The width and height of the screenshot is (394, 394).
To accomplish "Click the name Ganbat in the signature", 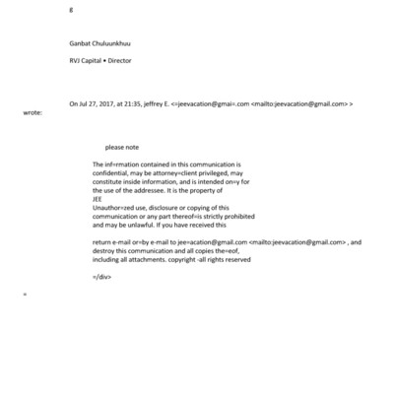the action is pyautogui.click(x=79, y=43).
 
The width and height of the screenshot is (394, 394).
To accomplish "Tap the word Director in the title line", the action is pyautogui.click(x=116, y=60).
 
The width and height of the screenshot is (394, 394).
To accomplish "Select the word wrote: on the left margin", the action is pyautogui.click(x=33, y=112).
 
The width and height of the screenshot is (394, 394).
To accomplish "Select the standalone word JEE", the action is pyautogui.click(x=96, y=201).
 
